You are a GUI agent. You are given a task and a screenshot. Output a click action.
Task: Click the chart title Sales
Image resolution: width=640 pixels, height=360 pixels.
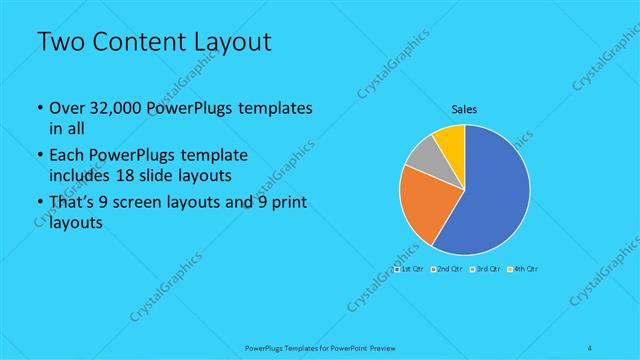464,109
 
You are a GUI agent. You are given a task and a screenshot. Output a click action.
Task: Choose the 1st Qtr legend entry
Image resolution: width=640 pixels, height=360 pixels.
410,270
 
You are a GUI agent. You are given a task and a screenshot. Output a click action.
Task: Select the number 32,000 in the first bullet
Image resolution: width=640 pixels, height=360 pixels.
112,108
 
